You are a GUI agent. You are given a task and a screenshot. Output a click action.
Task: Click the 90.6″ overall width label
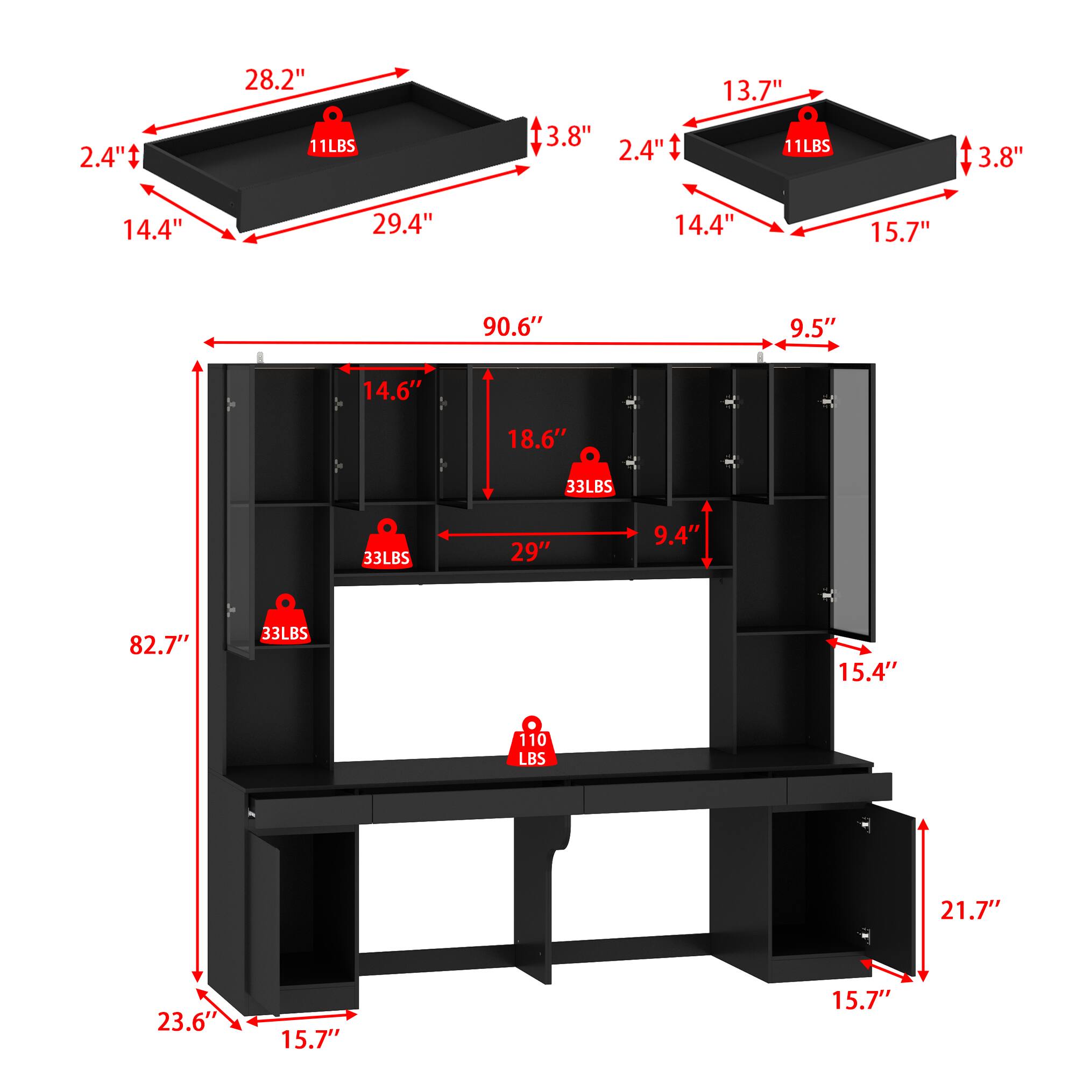pyautogui.click(x=512, y=328)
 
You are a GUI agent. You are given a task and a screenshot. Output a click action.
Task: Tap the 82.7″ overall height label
pyautogui.click(x=159, y=646)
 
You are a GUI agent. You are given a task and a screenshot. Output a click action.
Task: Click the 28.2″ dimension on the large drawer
pyautogui.click(x=274, y=81)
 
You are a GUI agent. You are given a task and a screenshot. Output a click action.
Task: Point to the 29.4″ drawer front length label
pyautogui.click(x=402, y=224)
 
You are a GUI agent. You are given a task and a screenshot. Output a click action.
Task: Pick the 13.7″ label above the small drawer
pyautogui.click(x=752, y=89)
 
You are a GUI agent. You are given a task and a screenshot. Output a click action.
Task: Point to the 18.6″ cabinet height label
pyautogui.click(x=536, y=440)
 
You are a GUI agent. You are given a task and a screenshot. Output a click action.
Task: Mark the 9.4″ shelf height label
pyautogui.click(x=676, y=536)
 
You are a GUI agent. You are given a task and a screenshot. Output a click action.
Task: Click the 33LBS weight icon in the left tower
pyautogui.click(x=285, y=620)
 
